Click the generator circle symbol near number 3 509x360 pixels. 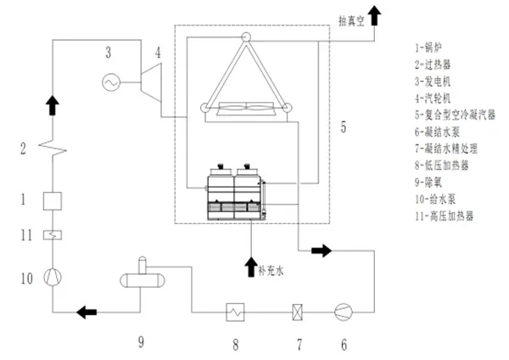point(109,82)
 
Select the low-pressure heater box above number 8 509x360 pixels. point(235,310)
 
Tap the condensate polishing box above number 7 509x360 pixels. point(296,310)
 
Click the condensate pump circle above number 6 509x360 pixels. point(344,310)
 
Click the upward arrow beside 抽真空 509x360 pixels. point(374,15)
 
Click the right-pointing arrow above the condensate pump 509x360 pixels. point(322,250)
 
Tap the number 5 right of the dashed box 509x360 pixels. point(344,127)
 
